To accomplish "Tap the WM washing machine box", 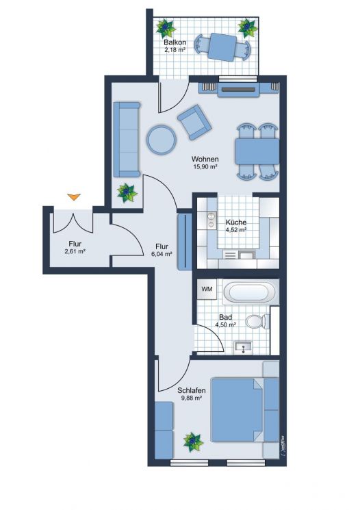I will click(x=207, y=289).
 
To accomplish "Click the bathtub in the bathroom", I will click(x=251, y=294).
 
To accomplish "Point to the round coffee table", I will click(x=162, y=140).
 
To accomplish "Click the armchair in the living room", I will click(x=194, y=122).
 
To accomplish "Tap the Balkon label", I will click(x=174, y=41).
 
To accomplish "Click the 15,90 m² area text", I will click(x=205, y=166).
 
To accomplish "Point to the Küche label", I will click(x=236, y=222).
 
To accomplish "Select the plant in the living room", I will click(x=127, y=192).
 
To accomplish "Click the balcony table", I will click(x=222, y=47).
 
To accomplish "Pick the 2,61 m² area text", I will click(x=76, y=252).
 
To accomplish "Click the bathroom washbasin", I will click(x=241, y=348).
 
